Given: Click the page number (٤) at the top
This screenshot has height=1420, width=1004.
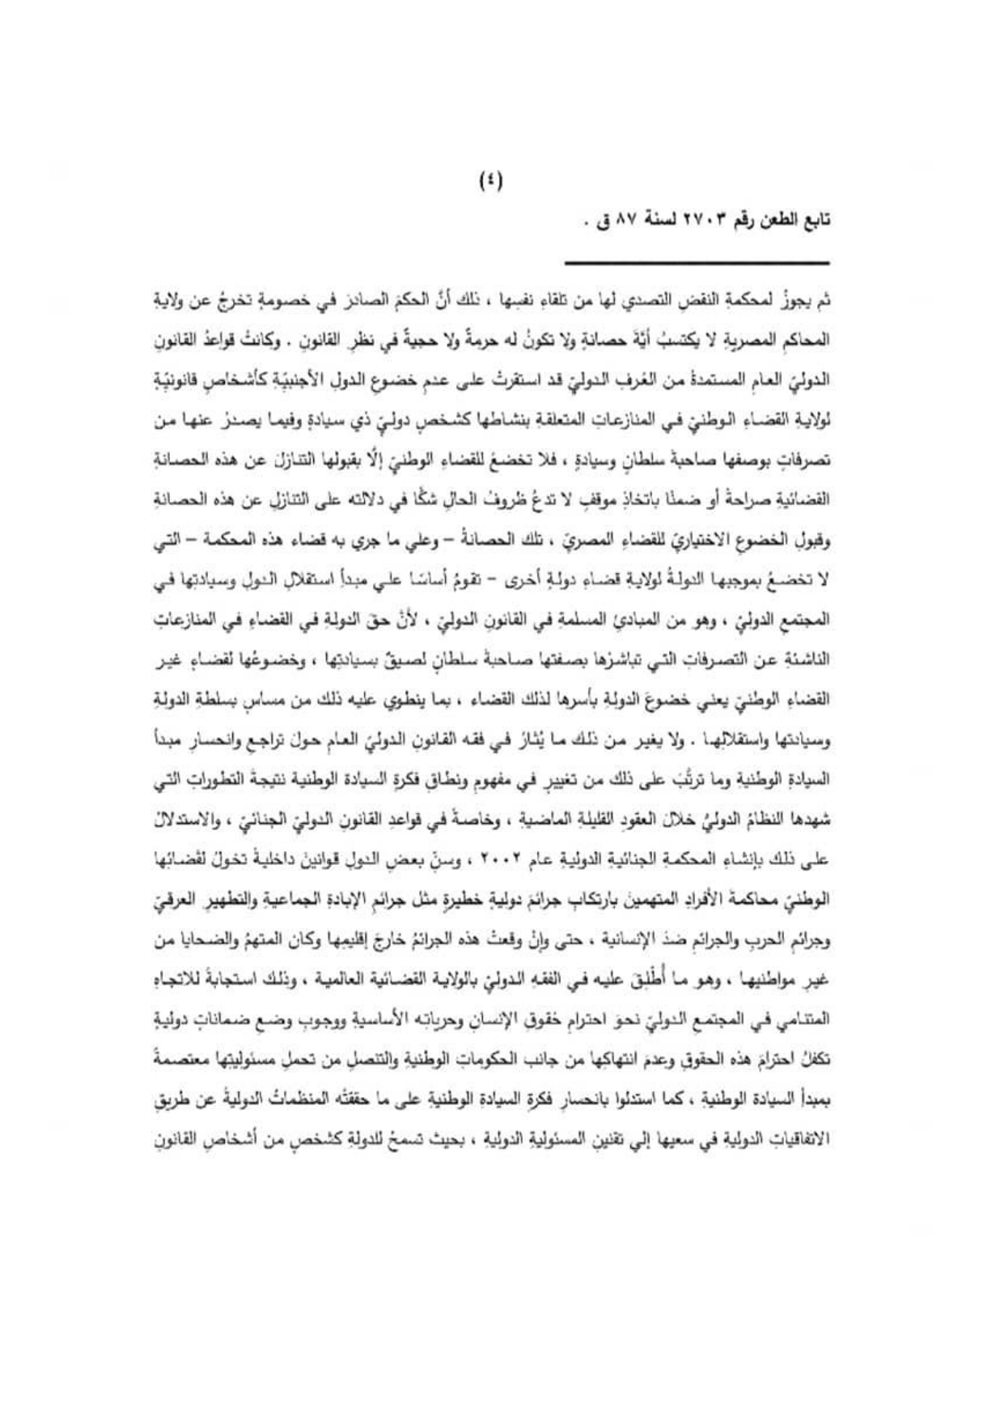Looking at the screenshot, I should pos(490,182).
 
